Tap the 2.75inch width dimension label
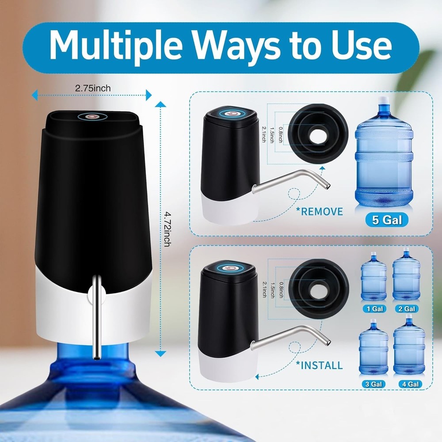coord(93,88)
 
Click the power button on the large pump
coord(92,117)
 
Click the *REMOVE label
coord(321,211)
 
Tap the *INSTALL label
coord(320,365)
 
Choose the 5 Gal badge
coord(387,220)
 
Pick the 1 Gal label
coord(373,309)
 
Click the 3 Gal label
coord(373,384)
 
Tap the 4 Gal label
coord(408,384)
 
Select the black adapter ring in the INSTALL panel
coord(318,289)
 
